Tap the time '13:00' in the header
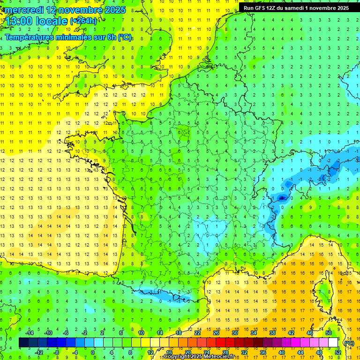19,21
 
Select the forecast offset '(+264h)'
83,21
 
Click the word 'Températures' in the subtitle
30,37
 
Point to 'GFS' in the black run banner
261,8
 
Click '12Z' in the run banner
274,8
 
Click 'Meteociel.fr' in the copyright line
218,357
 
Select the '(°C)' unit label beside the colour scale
349,343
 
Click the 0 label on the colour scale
93,352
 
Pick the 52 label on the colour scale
338,352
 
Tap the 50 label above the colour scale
328,333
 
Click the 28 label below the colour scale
225,352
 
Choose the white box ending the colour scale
333,343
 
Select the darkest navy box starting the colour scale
23,343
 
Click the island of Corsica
323,291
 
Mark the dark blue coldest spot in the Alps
281,198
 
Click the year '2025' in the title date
112,10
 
